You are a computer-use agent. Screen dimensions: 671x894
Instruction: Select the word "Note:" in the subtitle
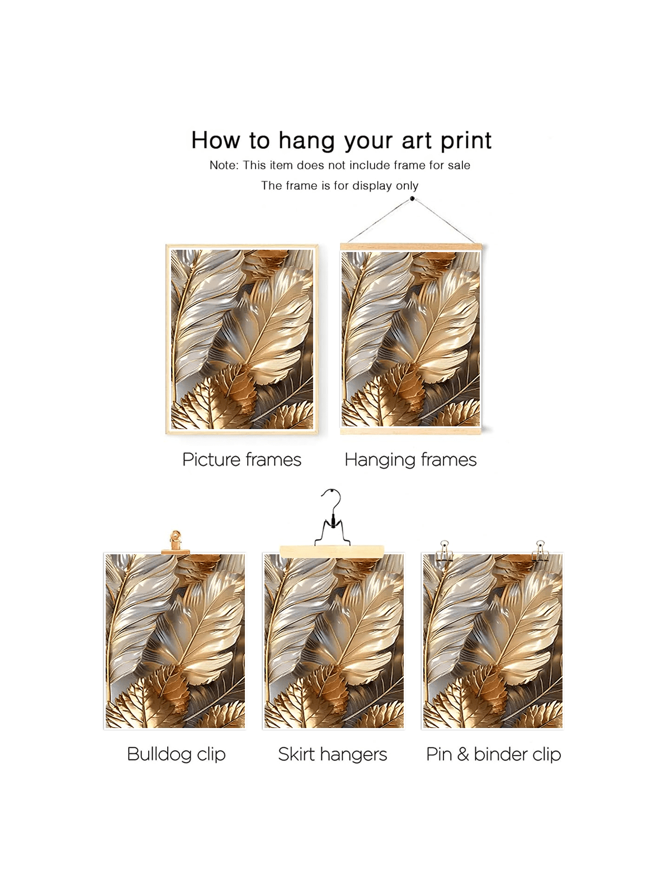[x=224, y=165]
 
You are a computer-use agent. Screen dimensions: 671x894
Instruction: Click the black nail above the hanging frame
[x=412, y=199]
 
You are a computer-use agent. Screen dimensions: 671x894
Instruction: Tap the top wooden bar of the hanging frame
[x=411, y=246]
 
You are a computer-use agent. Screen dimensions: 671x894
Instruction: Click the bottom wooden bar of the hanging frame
[x=411, y=430]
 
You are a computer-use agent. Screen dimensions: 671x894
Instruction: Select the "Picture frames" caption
[x=242, y=460]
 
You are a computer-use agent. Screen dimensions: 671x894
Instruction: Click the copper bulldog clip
[x=176, y=543]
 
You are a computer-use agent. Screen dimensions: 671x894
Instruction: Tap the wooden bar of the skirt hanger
[x=332, y=551]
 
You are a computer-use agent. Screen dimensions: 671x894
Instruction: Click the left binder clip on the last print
[x=445, y=551]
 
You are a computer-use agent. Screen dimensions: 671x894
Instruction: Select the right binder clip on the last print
[x=540, y=551]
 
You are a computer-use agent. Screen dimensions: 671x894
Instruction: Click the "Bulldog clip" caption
[x=176, y=754]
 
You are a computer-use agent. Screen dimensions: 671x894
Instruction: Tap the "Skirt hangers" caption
[x=333, y=754]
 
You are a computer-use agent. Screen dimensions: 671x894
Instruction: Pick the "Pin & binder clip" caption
[x=494, y=754]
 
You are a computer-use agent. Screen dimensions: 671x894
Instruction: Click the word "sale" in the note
[x=459, y=165]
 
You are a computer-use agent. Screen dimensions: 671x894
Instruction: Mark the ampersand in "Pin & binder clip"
[x=463, y=754]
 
